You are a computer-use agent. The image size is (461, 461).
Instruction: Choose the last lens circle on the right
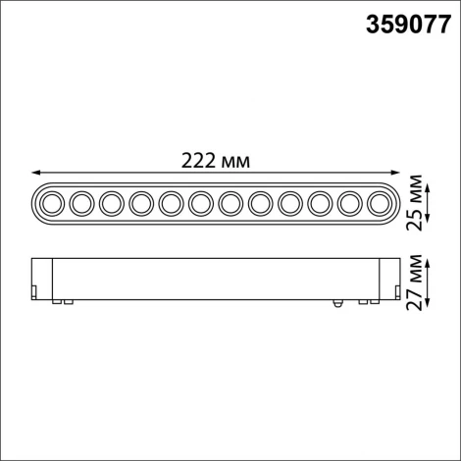pos(378,203)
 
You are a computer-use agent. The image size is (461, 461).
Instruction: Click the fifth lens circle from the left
pos(171,203)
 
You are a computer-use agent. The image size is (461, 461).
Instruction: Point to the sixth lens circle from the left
pos(200,203)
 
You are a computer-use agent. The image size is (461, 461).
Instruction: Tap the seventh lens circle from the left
pos(230,203)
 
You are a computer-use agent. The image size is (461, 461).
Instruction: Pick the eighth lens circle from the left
pos(260,203)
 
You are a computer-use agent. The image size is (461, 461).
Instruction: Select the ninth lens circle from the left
pos(289,203)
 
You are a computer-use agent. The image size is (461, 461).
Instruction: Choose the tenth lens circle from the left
pos(319,203)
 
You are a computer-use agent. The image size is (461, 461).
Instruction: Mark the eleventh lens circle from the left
pos(348,203)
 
